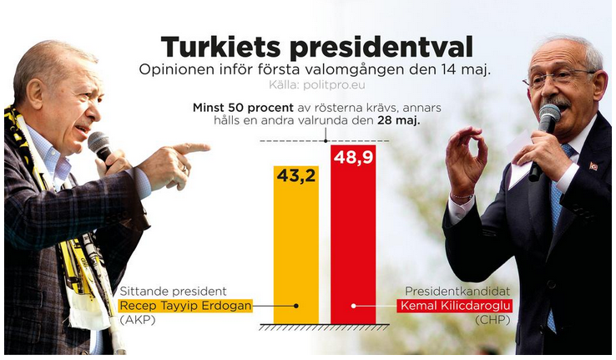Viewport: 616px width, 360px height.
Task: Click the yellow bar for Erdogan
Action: pyautogui.click(x=296, y=251)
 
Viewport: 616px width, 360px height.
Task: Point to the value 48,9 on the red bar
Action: pyautogui.click(x=353, y=157)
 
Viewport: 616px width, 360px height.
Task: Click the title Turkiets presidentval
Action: pyautogui.click(x=316, y=47)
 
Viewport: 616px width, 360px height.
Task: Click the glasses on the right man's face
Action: pyautogui.click(x=558, y=79)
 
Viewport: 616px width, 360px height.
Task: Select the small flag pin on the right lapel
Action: pyautogui.click(x=594, y=166)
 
